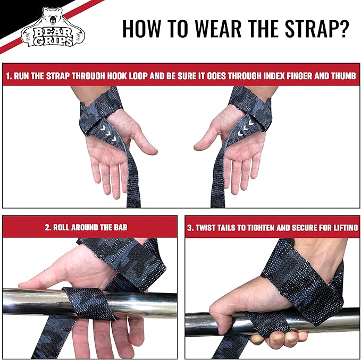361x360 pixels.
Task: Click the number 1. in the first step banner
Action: [x=9, y=76]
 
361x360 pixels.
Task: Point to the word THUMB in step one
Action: [x=340, y=76]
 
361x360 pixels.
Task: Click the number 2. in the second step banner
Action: [x=48, y=228]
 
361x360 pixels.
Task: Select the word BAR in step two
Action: [x=120, y=228]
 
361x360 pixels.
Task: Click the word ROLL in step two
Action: [x=63, y=228]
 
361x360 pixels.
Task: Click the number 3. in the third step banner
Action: [x=190, y=228]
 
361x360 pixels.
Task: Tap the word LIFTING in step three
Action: [x=342, y=228]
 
